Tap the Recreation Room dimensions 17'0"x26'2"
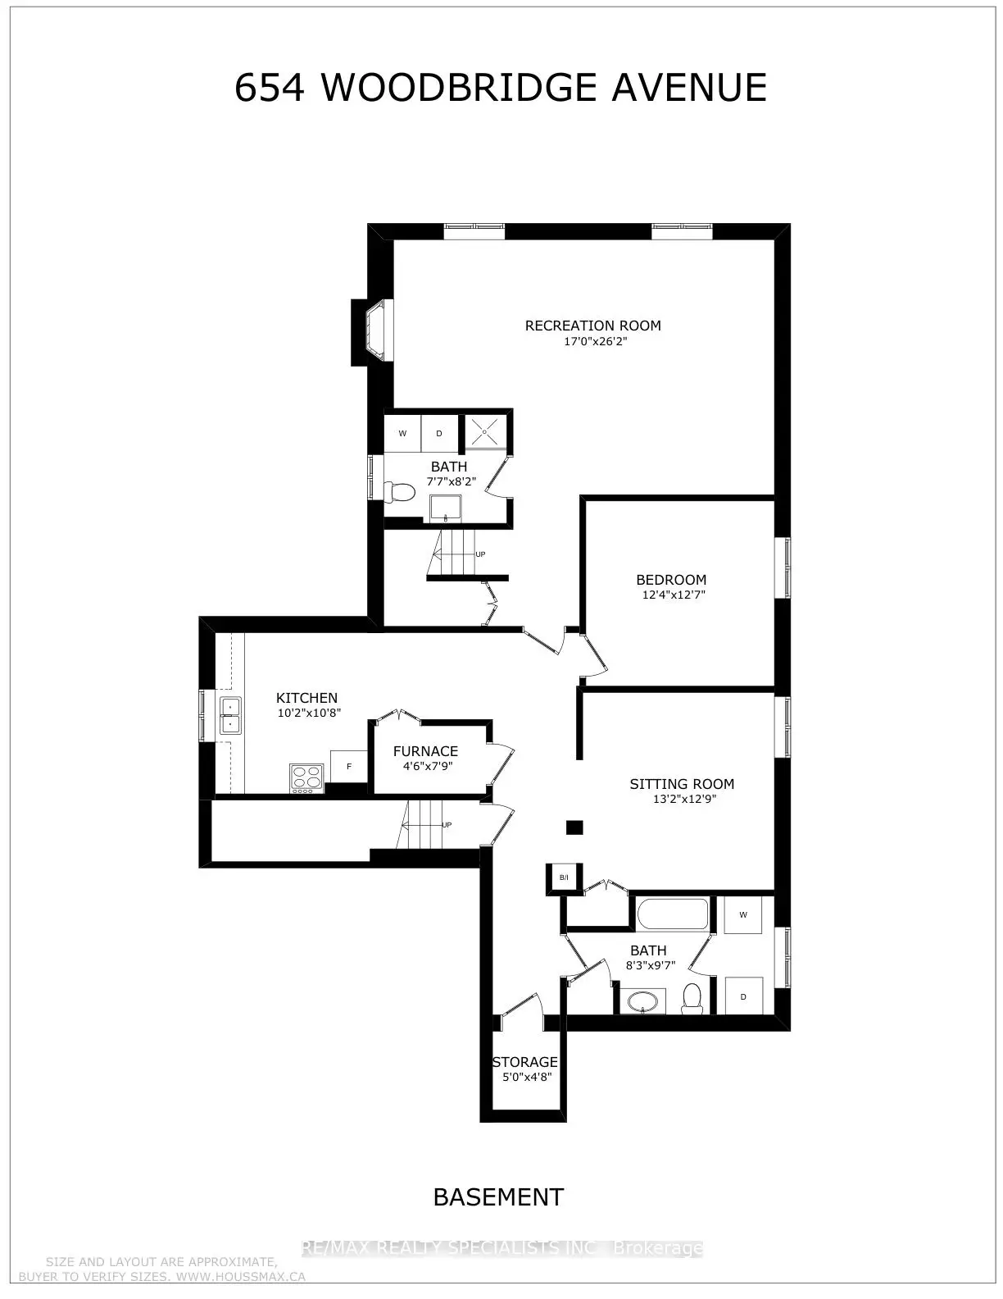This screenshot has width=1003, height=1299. (595, 342)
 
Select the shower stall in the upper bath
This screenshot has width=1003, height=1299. (485, 430)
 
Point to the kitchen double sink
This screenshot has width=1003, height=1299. (230, 715)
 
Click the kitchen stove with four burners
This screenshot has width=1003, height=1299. (306, 777)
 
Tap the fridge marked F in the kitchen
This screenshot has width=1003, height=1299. (349, 766)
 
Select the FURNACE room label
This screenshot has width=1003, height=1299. (425, 751)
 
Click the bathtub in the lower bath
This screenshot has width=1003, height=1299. (673, 914)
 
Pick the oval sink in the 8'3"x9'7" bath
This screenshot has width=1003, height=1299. (642, 1000)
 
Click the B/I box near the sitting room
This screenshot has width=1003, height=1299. (564, 877)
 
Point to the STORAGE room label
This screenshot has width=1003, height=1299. (524, 1062)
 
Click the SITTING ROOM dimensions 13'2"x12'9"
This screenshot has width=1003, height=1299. (684, 799)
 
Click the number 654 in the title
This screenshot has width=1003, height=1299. (270, 87)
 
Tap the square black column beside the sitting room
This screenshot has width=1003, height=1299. (574, 827)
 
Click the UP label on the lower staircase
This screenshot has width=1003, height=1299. (447, 825)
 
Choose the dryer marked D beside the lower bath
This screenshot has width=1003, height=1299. (743, 996)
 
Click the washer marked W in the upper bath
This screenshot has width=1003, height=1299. (402, 433)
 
